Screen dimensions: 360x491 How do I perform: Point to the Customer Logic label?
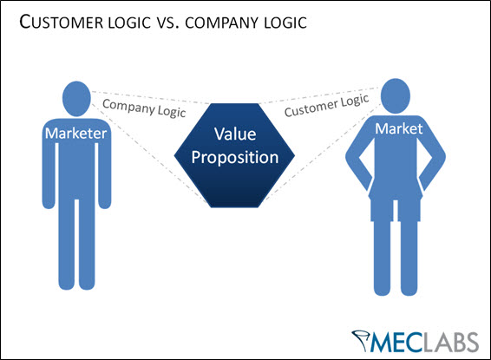327,107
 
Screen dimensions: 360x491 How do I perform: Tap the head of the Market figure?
395,93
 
